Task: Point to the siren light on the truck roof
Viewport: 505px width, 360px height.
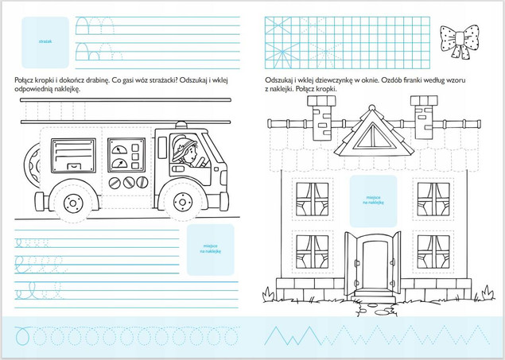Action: click(181, 124)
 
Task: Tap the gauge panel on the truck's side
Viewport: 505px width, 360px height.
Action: click(121, 156)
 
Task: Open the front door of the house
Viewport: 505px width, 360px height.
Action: click(374, 263)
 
